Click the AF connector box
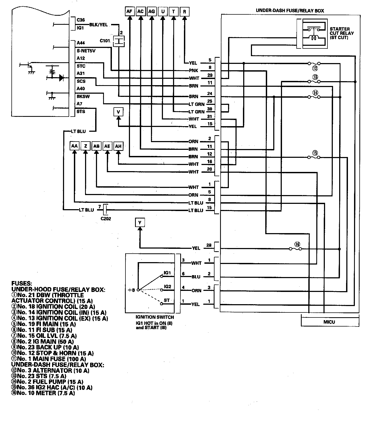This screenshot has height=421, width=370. pos(129,11)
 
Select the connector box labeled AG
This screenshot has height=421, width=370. pos(152,11)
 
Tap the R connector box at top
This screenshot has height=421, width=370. pos(184,11)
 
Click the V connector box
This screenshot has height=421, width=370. pos(118,112)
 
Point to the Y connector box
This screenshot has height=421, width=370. pos(140,222)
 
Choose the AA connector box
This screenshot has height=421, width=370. pos(74,146)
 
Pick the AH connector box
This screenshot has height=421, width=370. pos(118,146)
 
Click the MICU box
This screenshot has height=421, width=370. pos(329,322)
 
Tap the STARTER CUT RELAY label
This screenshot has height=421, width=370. pos(341,33)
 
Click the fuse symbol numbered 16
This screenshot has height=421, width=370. pos(295,249)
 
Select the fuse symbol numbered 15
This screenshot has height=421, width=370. pos(314,157)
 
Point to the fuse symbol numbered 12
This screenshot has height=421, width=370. pos(314,64)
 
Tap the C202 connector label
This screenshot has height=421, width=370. pos(106,219)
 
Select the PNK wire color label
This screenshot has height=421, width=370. pos(193,71)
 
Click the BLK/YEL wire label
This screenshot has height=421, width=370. pos(99,24)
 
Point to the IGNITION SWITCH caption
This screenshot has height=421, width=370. pos(155,317)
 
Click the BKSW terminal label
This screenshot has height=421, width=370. pos(83,96)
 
